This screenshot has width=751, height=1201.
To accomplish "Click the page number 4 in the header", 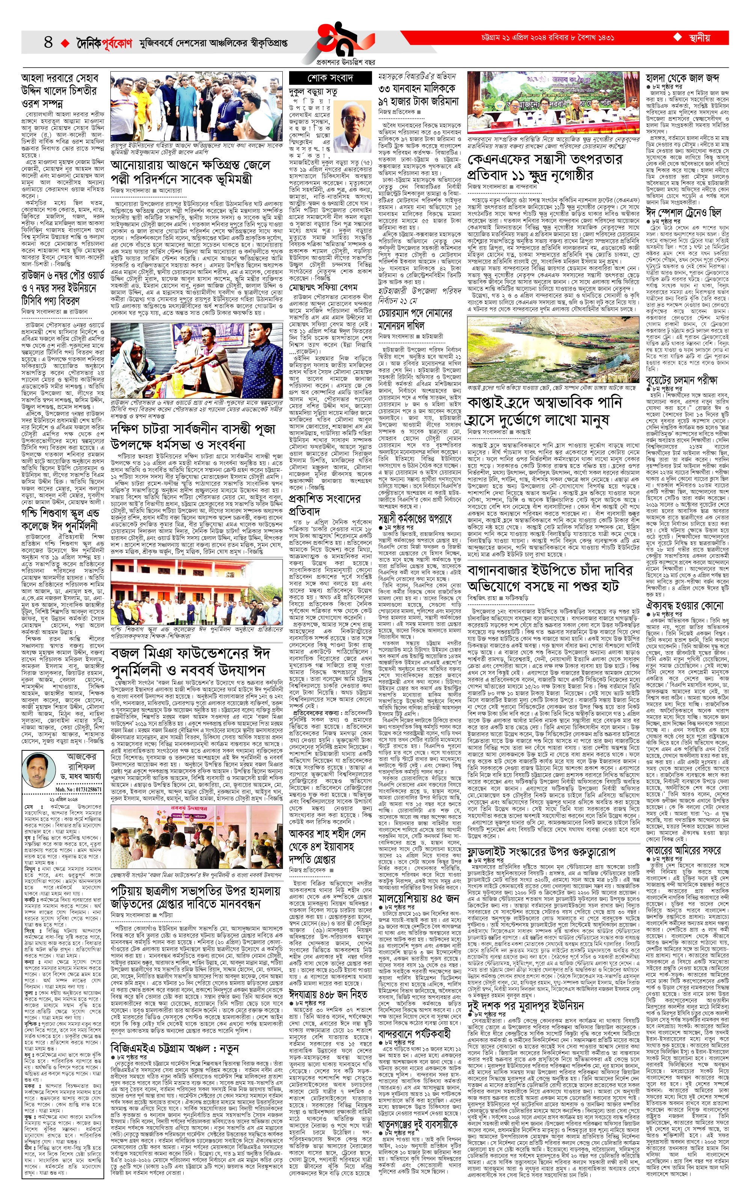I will pyautogui.click(x=48, y=42).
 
